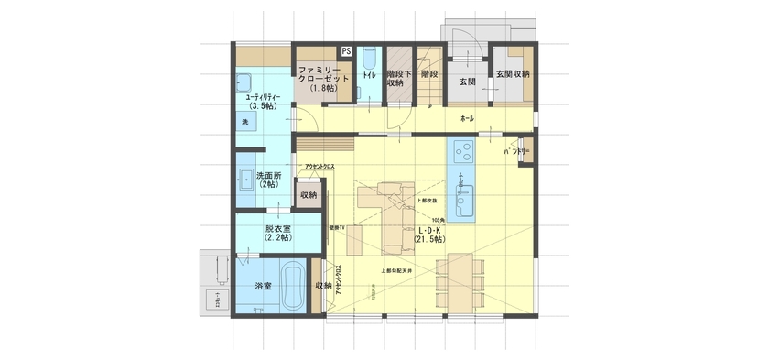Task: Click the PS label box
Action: click(x=346, y=51)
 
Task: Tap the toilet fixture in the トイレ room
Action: click(x=368, y=56)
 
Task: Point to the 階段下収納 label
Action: click(x=395, y=78)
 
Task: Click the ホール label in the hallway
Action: click(x=467, y=119)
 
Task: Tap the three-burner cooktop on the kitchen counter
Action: click(x=460, y=147)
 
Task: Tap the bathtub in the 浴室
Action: click(x=292, y=286)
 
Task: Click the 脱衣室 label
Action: click(x=276, y=233)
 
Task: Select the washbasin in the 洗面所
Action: click(x=246, y=180)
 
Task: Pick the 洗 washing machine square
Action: click(x=245, y=122)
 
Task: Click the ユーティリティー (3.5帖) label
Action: click(x=261, y=100)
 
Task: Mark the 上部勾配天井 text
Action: click(x=397, y=271)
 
